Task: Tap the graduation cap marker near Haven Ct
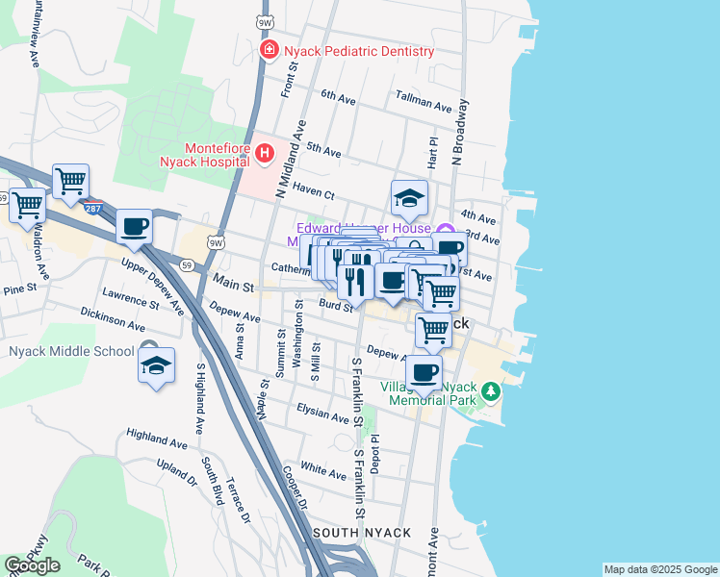(409, 199)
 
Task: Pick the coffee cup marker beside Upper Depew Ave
(134, 227)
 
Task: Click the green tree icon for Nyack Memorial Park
(491, 391)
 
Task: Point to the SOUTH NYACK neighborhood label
(361, 533)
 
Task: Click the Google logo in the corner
(32, 565)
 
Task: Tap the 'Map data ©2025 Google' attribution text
(659, 569)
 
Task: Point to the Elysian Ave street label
(323, 417)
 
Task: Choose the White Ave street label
(322, 472)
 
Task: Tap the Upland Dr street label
(176, 471)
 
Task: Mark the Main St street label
(232, 286)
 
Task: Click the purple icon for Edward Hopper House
(445, 229)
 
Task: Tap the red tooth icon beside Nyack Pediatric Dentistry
(270, 49)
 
